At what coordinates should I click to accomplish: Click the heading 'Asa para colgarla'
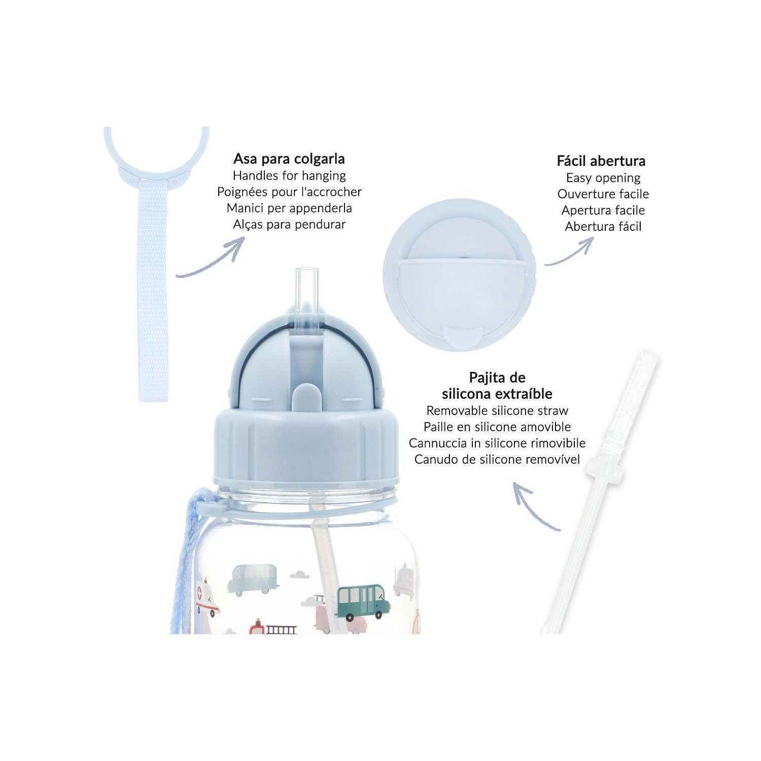[289, 159]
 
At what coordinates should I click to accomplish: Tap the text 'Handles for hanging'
[289, 176]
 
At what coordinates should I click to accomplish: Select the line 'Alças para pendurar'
[289, 224]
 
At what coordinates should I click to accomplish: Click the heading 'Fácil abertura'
[601, 161]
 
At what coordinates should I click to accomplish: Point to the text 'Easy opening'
[603, 178]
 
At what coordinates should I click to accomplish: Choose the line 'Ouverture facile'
[603, 194]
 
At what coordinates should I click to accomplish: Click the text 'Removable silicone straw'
[497, 410]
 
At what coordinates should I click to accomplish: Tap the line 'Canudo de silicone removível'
[497, 459]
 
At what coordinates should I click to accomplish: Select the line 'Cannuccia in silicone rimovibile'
[497, 443]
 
